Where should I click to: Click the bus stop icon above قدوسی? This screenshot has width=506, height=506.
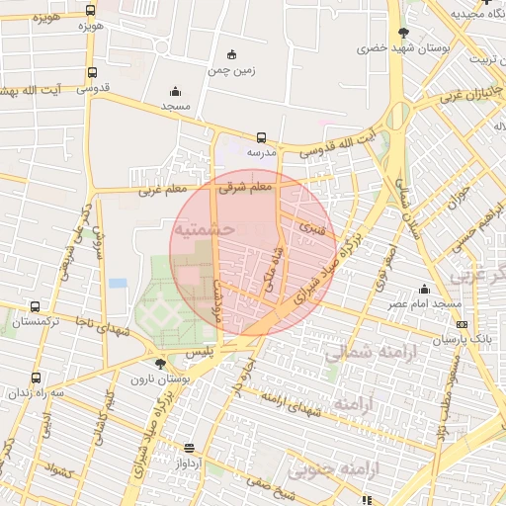92,72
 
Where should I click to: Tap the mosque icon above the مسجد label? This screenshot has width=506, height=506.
176,91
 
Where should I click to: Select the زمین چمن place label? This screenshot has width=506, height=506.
231,69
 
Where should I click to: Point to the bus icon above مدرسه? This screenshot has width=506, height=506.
261,138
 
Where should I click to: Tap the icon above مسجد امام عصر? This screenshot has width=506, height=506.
425,289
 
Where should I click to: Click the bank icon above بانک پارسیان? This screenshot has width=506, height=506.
460,323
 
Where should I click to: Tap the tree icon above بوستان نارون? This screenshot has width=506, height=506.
161,364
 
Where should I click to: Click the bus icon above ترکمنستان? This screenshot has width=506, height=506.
36,307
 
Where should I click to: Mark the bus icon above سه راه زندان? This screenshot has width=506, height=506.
36,378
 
